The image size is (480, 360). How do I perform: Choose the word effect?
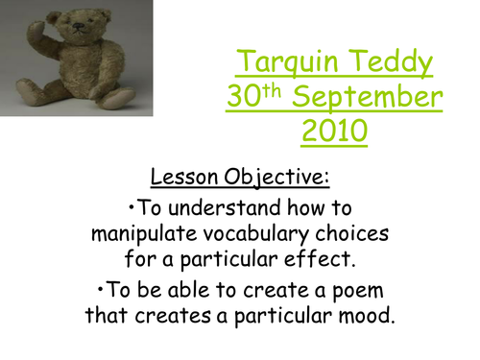tap(326, 258)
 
